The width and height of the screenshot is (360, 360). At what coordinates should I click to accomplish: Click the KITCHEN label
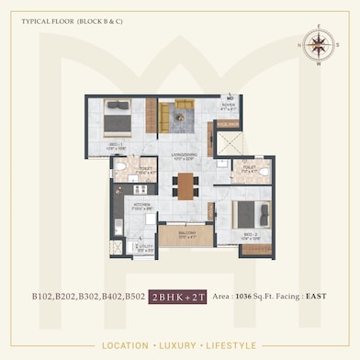[142, 206]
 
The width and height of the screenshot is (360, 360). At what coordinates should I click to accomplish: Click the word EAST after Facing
[314, 297]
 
